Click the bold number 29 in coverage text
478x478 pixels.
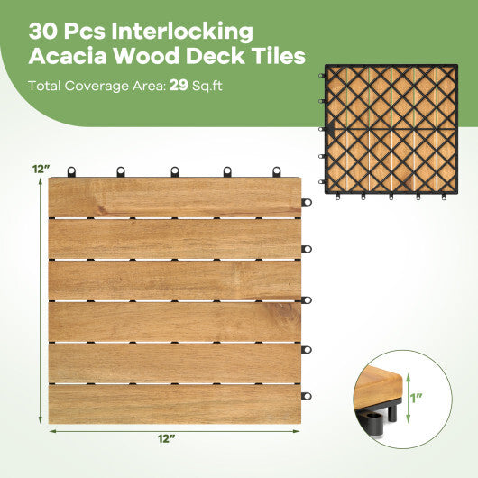(x=180, y=87)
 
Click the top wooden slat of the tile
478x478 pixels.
(x=174, y=198)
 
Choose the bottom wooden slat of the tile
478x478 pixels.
(x=174, y=403)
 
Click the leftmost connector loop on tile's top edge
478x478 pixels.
(x=69, y=170)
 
